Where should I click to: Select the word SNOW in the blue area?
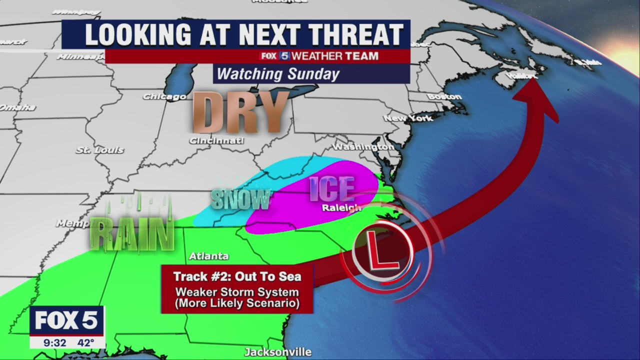[x=241, y=199]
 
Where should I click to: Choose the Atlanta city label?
[x=208, y=256]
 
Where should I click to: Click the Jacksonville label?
[x=278, y=352]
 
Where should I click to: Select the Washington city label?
[x=363, y=147]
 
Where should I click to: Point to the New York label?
[x=408, y=118]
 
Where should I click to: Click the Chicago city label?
[x=164, y=96]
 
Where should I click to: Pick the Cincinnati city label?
[x=216, y=141]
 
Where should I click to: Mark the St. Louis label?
[x=99, y=150]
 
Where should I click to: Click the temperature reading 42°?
[x=85, y=343]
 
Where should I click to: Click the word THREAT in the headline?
[x=347, y=34]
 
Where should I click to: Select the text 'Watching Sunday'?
[x=278, y=74]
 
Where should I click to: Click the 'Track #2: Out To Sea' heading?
[x=237, y=276]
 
